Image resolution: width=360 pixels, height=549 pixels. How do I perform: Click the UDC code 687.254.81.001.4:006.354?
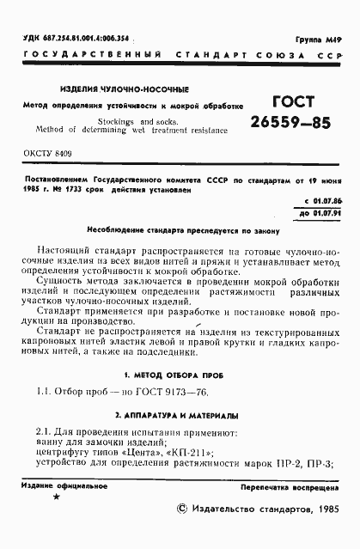click(x=76, y=39)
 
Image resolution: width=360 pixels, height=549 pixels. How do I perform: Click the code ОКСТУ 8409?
click(x=39, y=151)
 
